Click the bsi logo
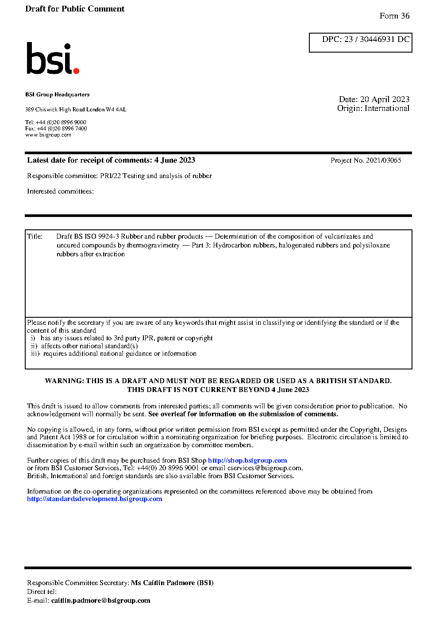52,58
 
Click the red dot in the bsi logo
76,70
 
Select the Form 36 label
394,16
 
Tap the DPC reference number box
361,42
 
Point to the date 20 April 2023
385,99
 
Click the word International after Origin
387,108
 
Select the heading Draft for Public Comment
75,9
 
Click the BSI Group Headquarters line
57,95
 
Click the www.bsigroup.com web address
48,135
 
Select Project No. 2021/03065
366,160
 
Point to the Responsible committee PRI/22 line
119,176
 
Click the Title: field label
35,236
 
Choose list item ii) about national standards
84,346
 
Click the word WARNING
64,381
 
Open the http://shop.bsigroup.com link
247,460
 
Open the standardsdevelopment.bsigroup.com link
94,499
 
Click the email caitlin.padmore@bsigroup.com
100,601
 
